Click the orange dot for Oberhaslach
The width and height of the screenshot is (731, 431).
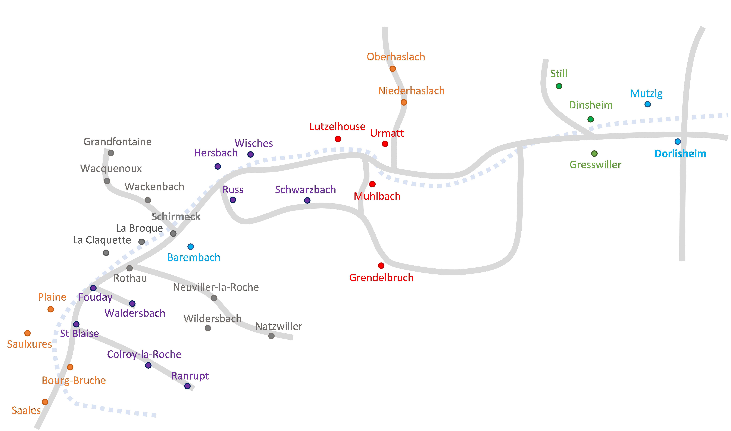[x=393, y=69]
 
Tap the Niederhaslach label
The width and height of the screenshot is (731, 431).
[x=411, y=91]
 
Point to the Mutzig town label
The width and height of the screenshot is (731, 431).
[x=646, y=94]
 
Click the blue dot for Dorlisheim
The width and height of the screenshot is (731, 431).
[x=678, y=141]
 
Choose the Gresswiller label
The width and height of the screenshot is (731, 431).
[x=595, y=165]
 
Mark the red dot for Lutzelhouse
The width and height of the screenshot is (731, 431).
[x=338, y=139]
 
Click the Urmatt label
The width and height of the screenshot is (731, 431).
[x=387, y=133]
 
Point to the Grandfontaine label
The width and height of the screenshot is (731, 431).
[x=117, y=142]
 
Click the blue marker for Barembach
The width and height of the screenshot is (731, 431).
[x=191, y=247]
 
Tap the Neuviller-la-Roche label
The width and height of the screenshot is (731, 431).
[x=216, y=287]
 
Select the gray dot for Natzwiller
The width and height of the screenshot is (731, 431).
[x=271, y=336]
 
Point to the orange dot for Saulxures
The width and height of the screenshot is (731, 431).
[x=28, y=333]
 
